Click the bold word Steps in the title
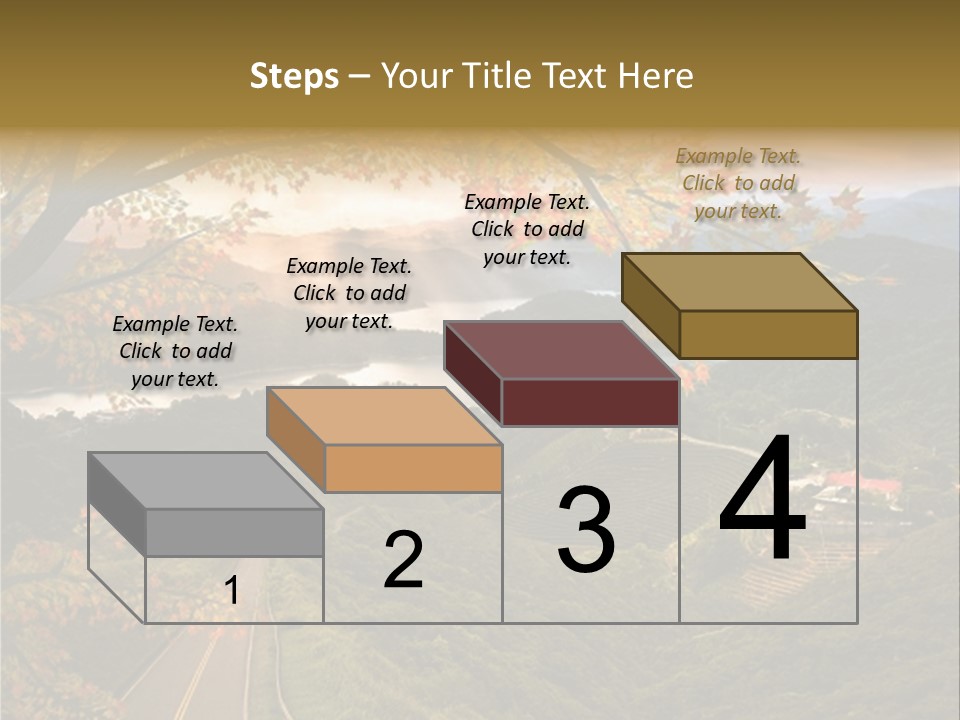tap(294, 76)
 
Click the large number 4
tap(762, 500)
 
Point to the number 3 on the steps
tap(586, 530)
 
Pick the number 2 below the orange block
tap(403, 560)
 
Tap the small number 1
tap(232, 591)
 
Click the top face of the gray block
tap(205, 480)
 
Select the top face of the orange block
tap(384, 415)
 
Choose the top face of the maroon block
tap(562, 350)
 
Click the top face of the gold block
tap(740, 281)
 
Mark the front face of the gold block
tap(768, 334)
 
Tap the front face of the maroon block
tap(590, 403)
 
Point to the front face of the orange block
tap(413, 468)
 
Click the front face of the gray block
tap(235, 532)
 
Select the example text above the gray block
tap(175, 351)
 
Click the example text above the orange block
tap(349, 293)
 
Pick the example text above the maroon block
tap(527, 229)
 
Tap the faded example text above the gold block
tap(738, 183)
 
